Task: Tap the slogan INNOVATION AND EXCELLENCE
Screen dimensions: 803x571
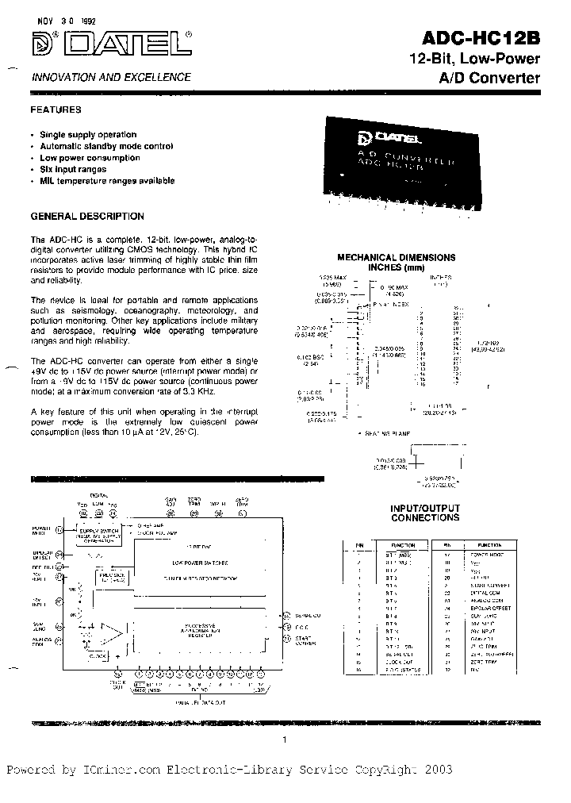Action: point(110,77)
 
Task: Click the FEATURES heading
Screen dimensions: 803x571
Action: point(56,110)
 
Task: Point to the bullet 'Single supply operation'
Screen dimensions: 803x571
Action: point(89,135)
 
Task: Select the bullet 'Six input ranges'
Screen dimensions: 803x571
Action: point(74,169)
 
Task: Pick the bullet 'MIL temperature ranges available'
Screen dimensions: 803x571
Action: point(107,180)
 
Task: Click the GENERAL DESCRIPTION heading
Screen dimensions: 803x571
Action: point(87,216)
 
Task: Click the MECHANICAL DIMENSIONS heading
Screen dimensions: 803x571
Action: point(397,257)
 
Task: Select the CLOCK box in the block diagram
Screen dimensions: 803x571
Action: point(98,655)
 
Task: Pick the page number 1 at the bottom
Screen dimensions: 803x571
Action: point(284,740)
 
